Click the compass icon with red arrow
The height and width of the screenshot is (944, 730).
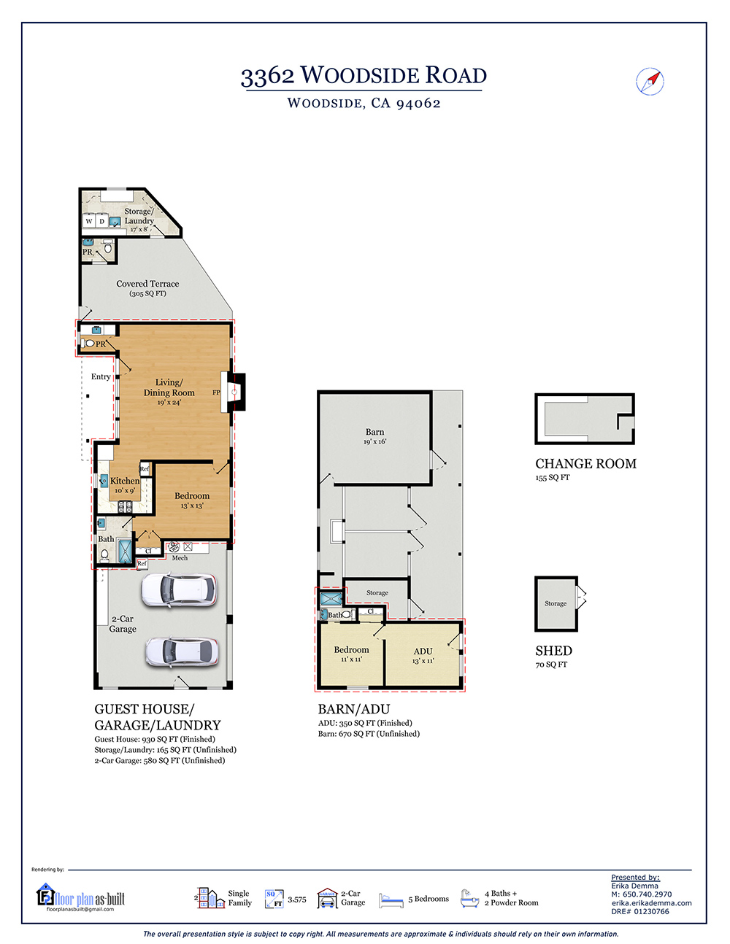coord(650,81)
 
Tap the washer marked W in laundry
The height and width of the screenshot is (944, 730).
coord(89,221)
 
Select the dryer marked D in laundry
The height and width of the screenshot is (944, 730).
coord(101,221)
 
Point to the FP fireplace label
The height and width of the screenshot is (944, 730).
coord(216,392)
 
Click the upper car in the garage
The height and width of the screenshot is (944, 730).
coord(179,590)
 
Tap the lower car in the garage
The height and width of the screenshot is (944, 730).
coord(182,651)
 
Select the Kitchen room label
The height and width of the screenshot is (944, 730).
coord(125,481)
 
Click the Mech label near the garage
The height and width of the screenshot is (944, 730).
coord(180,558)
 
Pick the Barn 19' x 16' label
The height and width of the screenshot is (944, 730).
coord(374,436)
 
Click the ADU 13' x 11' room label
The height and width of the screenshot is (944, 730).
coord(423,656)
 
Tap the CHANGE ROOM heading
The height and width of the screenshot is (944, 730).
coord(585,464)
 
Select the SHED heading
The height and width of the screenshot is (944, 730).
coord(553,651)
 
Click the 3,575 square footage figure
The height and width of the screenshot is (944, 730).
coord(297,899)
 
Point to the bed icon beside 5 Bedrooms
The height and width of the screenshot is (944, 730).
coord(391,900)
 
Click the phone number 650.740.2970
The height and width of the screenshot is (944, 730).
coord(647,894)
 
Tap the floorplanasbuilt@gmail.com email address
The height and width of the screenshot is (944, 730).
coord(80,909)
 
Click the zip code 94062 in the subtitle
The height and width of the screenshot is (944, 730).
coord(418,104)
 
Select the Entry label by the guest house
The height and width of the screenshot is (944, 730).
coord(101,376)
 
